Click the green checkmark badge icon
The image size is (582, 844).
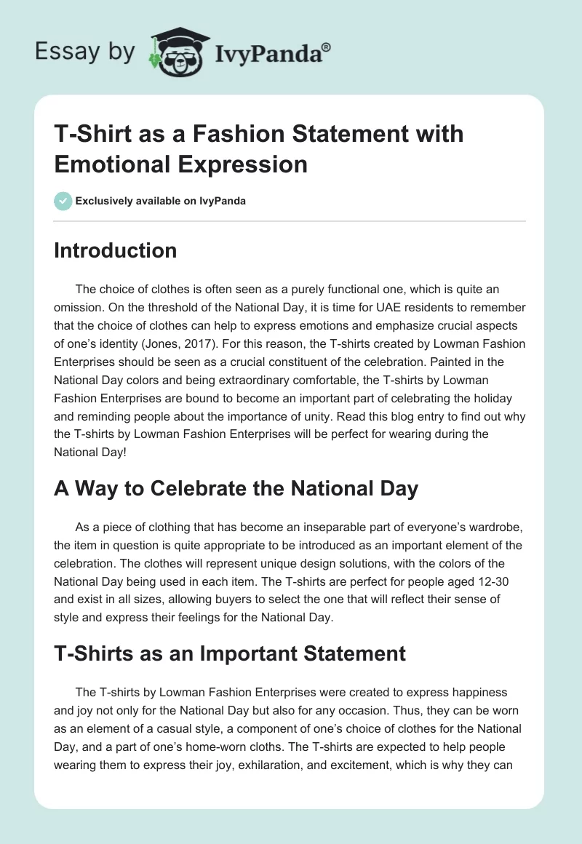tap(63, 201)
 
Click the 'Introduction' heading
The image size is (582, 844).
tap(115, 250)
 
